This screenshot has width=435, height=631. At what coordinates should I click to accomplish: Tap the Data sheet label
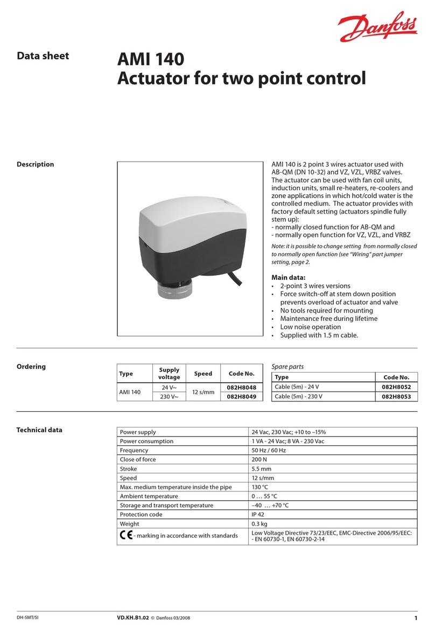click(x=43, y=55)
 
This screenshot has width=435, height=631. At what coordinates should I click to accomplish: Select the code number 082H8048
click(x=241, y=387)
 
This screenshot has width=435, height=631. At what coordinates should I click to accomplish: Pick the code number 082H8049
click(x=241, y=396)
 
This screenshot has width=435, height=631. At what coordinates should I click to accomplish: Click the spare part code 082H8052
click(x=396, y=387)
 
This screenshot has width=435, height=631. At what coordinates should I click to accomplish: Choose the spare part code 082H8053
click(x=396, y=397)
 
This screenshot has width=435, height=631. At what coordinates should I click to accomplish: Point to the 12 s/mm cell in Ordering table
click(x=203, y=392)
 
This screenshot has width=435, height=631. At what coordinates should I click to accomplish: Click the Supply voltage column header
click(x=170, y=374)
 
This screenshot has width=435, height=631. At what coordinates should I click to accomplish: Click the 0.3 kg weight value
click(x=260, y=523)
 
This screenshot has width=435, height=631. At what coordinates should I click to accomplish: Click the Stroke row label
click(x=129, y=468)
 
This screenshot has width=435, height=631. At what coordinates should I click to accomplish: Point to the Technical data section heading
click(x=39, y=430)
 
